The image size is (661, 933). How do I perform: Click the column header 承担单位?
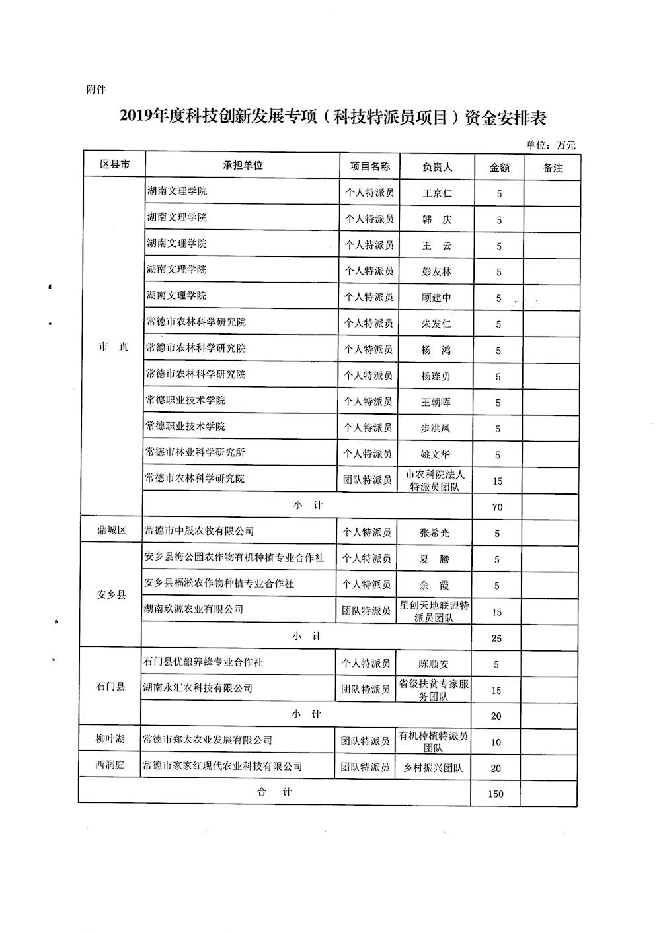pyautogui.click(x=243, y=166)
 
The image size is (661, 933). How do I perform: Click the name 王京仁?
pyautogui.click(x=437, y=194)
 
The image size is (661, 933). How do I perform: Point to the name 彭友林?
pyautogui.click(x=436, y=272)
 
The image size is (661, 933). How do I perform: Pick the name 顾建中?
pyautogui.click(x=436, y=298)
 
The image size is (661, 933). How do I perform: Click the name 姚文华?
pyautogui.click(x=436, y=454)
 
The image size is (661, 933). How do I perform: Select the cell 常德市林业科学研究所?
pyautogui.click(x=196, y=453)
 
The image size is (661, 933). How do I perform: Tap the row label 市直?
pyautogui.click(x=113, y=348)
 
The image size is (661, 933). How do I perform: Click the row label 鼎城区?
pyautogui.click(x=112, y=530)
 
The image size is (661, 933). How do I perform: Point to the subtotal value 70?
pyautogui.click(x=498, y=507)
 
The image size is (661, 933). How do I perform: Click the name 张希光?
pyautogui.click(x=434, y=533)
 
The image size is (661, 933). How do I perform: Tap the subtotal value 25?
pyautogui.click(x=497, y=638)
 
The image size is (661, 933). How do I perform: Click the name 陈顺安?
pyautogui.click(x=434, y=664)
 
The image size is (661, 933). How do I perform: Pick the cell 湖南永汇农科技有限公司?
pyautogui.click(x=198, y=688)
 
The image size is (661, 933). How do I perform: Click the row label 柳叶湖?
pyautogui.click(x=110, y=740)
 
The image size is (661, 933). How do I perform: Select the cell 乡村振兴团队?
pyautogui.click(x=433, y=768)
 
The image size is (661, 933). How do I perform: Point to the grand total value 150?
pyautogui.click(x=496, y=794)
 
